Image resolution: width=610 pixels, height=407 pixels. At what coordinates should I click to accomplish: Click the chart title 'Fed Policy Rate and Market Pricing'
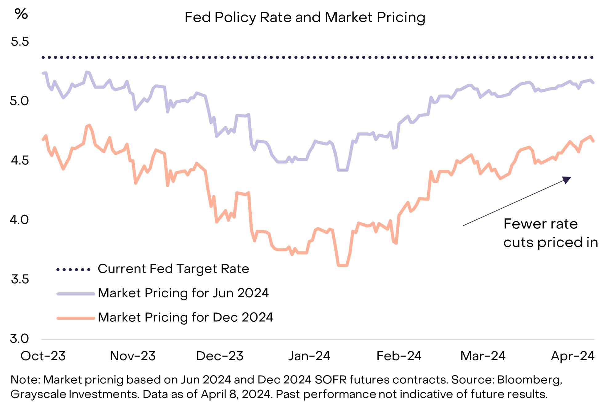coord(305,18)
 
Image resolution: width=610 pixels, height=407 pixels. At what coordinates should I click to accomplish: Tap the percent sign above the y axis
coord(21,14)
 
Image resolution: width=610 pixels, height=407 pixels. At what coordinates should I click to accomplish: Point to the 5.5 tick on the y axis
coord(20,42)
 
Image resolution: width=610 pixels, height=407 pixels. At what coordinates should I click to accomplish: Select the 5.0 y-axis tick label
coord(19,101)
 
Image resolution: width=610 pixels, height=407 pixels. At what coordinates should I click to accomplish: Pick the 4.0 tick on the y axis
coord(19,220)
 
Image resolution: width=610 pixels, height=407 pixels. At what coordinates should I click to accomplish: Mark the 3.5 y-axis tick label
coord(20,279)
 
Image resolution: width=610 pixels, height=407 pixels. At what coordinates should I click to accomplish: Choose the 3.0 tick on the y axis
coord(19,339)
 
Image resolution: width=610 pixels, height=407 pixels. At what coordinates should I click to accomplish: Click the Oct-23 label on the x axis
coord(43,356)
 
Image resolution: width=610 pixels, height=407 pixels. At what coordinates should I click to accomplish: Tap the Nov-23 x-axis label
coord(133,356)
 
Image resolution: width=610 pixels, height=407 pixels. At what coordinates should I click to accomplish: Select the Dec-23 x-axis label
coord(220,356)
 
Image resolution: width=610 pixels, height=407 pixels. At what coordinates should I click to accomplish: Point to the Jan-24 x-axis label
coord(309,356)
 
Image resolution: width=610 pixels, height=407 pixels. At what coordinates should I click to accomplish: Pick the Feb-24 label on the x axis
coord(399,356)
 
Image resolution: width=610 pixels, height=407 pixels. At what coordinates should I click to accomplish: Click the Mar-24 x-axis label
coord(483,356)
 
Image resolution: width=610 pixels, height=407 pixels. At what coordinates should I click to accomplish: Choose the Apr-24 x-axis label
coord(573,356)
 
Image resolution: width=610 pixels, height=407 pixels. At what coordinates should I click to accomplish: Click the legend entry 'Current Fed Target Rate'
coord(173,269)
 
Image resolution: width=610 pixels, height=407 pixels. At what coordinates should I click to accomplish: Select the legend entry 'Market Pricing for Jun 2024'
coord(183,293)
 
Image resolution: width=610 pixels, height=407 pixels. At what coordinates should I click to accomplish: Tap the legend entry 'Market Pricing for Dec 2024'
coord(185,317)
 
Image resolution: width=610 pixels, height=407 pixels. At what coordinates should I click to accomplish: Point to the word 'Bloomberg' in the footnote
coord(529,380)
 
